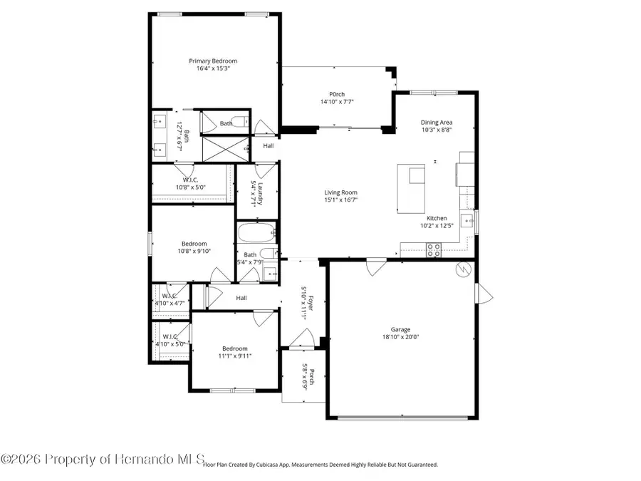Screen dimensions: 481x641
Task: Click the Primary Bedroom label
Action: click(x=213, y=61)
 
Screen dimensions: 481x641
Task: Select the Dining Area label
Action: click(x=436, y=123)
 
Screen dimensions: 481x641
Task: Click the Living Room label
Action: click(x=340, y=192)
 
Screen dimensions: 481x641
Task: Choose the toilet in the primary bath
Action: click(x=241, y=123)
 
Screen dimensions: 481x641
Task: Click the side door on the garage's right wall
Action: click(x=482, y=292)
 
